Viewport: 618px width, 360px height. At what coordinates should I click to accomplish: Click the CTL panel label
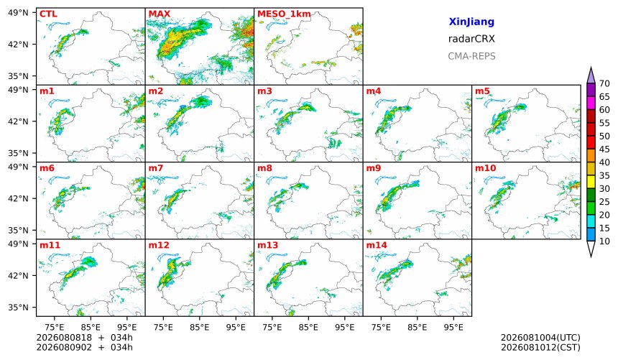[x=48, y=14]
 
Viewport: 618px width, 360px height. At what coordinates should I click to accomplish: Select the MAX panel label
[x=160, y=14]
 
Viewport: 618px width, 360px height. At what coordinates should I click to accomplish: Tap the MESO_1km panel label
[x=284, y=14]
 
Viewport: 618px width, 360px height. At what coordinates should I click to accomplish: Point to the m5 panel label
[x=482, y=91]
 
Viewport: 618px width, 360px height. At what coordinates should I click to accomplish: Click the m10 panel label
[x=485, y=168]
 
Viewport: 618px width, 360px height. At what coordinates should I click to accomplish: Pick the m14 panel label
[x=377, y=245]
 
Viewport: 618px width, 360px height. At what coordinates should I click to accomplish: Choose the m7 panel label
[x=156, y=168]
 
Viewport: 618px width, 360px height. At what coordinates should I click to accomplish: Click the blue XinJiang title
[x=471, y=22]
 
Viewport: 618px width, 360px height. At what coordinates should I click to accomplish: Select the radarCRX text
[x=471, y=39]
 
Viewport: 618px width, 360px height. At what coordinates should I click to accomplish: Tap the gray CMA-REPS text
[x=471, y=56]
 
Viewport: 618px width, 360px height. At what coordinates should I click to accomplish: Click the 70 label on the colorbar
[x=604, y=83]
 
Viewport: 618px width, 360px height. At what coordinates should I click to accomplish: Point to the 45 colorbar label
[x=604, y=149]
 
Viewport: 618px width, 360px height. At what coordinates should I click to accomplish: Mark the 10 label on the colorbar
[x=604, y=241]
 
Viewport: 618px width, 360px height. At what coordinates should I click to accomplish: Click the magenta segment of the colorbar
[x=591, y=103]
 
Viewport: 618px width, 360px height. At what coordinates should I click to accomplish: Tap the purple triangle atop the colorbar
[x=591, y=75]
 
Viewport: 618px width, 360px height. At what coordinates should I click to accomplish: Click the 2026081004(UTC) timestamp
[x=540, y=338]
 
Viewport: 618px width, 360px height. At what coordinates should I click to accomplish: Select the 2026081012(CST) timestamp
[x=540, y=347]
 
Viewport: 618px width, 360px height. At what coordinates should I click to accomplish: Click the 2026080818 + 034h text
[x=84, y=338]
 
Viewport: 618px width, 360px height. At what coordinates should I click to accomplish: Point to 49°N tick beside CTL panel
[x=18, y=13]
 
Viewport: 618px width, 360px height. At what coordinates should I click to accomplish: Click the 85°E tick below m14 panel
[x=417, y=327]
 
